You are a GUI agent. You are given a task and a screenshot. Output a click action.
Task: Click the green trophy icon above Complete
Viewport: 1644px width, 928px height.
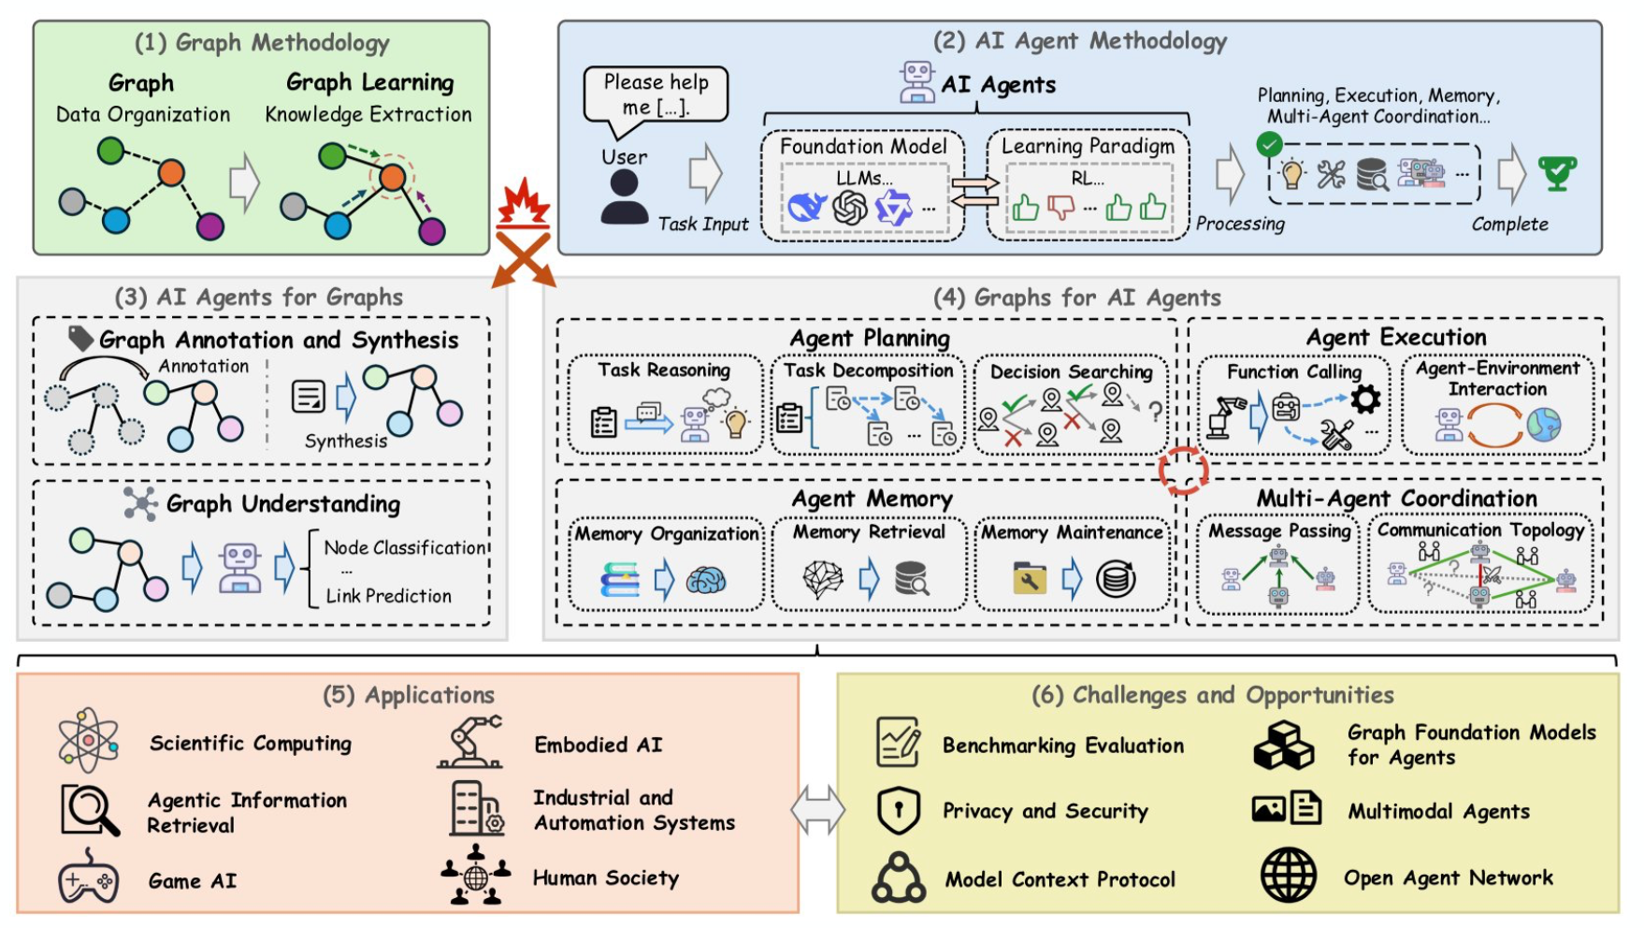(x=1557, y=173)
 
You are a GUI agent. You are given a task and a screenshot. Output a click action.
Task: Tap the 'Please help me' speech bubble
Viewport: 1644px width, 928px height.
(x=656, y=95)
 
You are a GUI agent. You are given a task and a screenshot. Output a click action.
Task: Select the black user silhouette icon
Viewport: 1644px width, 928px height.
(x=624, y=196)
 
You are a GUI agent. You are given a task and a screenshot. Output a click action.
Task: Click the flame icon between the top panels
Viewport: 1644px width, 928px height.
(x=523, y=202)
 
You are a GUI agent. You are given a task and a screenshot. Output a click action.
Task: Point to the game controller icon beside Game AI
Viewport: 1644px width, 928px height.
(x=88, y=877)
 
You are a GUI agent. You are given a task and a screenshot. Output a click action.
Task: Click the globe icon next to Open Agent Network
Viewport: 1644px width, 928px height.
(x=1288, y=875)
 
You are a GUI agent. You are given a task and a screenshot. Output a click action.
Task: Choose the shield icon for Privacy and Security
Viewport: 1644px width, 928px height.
(x=899, y=810)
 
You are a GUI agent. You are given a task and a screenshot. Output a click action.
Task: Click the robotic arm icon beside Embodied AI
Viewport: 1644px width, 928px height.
(x=469, y=743)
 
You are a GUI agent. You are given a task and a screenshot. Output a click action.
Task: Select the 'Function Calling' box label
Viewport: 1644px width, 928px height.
(x=1294, y=372)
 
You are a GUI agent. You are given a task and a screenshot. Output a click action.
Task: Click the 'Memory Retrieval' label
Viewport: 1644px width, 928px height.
(x=869, y=532)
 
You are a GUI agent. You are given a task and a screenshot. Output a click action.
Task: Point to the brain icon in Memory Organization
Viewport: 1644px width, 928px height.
(x=706, y=581)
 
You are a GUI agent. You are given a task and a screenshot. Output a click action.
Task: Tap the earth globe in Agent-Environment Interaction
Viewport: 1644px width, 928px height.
(x=1544, y=425)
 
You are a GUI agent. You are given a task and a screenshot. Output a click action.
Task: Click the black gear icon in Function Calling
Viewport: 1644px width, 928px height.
(x=1365, y=399)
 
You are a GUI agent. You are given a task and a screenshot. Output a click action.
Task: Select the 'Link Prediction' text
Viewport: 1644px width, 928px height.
(x=388, y=596)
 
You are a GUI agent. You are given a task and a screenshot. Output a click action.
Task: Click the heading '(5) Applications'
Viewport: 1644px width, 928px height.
(x=409, y=695)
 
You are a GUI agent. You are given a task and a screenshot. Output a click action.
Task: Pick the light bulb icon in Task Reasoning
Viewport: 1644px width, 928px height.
(x=737, y=423)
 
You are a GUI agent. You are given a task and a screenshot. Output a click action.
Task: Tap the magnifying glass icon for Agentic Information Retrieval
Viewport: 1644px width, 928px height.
(x=91, y=810)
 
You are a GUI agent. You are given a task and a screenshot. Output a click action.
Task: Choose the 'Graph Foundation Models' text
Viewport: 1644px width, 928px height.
(x=1472, y=732)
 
